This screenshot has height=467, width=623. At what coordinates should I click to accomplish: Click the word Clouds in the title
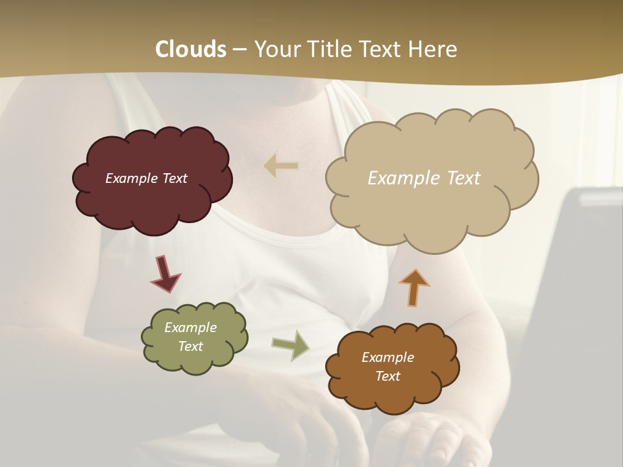(191, 49)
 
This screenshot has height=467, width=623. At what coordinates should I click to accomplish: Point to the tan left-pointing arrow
(281, 166)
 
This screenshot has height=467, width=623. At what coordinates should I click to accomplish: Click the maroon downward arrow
(164, 274)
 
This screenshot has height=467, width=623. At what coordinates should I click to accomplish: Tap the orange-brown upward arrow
(414, 287)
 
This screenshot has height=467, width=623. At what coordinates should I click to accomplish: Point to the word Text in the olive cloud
(191, 346)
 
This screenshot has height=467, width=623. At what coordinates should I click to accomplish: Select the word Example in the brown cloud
(387, 357)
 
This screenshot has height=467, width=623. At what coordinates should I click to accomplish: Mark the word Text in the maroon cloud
(175, 178)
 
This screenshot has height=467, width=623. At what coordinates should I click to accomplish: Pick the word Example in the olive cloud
(191, 328)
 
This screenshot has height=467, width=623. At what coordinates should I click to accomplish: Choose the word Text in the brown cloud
(387, 376)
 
